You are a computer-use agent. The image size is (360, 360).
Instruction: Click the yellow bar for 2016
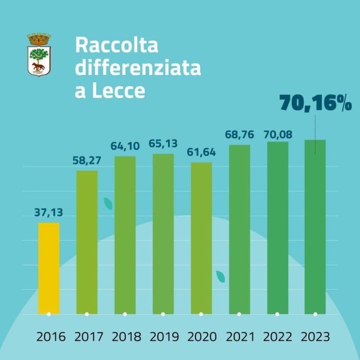coord(49,268)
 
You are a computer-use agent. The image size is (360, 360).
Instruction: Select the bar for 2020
coord(201,238)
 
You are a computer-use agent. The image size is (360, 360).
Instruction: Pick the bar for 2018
coord(125,235)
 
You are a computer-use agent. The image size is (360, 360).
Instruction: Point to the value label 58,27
coord(86,160)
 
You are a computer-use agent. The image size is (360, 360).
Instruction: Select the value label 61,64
coord(201,152)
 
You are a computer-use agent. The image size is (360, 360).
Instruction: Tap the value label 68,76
coord(239,135)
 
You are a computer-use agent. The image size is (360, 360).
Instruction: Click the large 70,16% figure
coord(316,103)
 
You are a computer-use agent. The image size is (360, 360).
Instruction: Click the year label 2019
coord(164,337)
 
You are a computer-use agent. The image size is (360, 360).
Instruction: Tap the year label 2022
coord(278,337)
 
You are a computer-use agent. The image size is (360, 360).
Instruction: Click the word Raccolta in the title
coord(116,45)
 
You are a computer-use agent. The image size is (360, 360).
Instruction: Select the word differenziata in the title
coord(138,69)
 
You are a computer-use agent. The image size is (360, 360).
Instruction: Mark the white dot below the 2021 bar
coord(239,314)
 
